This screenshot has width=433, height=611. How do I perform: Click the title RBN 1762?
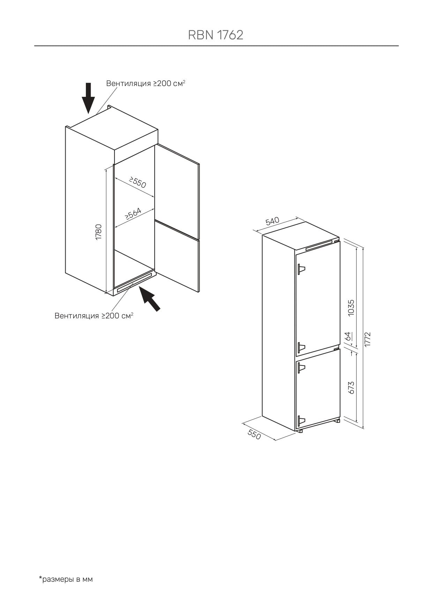pyautogui.click(x=216, y=35)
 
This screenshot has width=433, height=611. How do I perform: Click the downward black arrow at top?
pyautogui.click(x=88, y=98)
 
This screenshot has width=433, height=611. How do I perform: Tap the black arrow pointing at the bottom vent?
pyautogui.click(x=149, y=298)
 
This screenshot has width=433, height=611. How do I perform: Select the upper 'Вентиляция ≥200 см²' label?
pyautogui.click(x=145, y=83)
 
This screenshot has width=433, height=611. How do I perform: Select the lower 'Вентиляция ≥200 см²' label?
pyautogui.click(x=94, y=316)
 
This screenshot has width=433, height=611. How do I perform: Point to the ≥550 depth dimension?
pyautogui.click(x=137, y=182)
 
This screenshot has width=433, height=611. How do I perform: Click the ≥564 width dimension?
pyautogui.click(x=133, y=214)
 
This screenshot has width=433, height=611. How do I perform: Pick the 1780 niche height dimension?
pyautogui.click(x=99, y=232)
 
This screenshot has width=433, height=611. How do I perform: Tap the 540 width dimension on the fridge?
pyautogui.click(x=273, y=221)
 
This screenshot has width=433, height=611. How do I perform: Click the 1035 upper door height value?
pyautogui.click(x=351, y=308)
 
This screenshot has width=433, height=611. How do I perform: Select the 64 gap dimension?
pyautogui.click(x=348, y=336)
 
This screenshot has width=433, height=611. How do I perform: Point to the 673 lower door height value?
pyautogui.click(x=351, y=388)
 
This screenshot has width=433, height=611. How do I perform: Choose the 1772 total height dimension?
pyautogui.click(x=367, y=339)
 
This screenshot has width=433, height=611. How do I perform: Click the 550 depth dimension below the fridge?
pyautogui.click(x=254, y=434)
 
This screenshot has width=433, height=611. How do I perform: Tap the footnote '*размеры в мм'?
pyautogui.click(x=66, y=579)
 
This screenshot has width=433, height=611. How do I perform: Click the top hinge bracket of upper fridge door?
pyautogui.click(x=301, y=269)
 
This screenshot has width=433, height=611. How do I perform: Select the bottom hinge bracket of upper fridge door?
pyautogui.click(x=301, y=347)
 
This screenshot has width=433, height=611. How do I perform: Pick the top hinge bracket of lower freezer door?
pyautogui.click(x=301, y=368)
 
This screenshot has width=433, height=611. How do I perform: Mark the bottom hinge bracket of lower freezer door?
pyautogui.click(x=301, y=421)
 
